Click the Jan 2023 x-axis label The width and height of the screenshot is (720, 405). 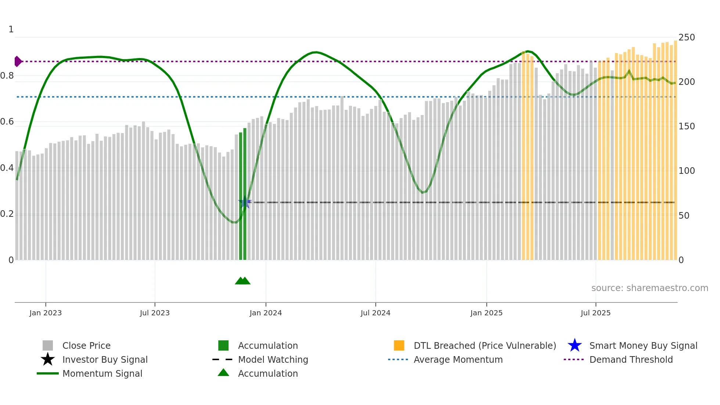[x=46, y=313]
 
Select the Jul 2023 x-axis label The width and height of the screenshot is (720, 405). [x=155, y=313]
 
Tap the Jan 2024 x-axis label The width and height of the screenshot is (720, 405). [x=266, y=313]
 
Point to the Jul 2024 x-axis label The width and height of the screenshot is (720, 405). [x=375, y=313]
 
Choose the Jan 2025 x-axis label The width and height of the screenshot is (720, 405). [x=486, y=313]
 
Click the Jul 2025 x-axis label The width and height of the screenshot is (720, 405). [x=595, y=313]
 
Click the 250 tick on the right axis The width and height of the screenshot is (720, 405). [x=686, y=37]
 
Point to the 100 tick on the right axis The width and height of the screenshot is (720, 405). [x=686, y=171]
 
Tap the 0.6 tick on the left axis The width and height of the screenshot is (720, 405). [x=7, y=122]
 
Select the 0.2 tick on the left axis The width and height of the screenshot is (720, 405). [x=7, y=214]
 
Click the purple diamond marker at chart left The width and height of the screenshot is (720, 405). [x=18, y=61]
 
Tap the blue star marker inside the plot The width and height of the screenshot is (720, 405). [x=245, y=202]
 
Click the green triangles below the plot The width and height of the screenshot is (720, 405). [x=242, y=281]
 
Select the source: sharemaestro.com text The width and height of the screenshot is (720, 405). [x=649, y=288]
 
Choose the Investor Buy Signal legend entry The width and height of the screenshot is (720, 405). [x=105, y=360]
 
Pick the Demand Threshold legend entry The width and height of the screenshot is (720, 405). [x=631, y=360]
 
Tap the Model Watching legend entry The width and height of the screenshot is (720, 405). [x=273, y=360]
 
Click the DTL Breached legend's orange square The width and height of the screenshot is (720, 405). [x=399, y=346]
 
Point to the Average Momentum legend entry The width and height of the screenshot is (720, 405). [x=458, y=360]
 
